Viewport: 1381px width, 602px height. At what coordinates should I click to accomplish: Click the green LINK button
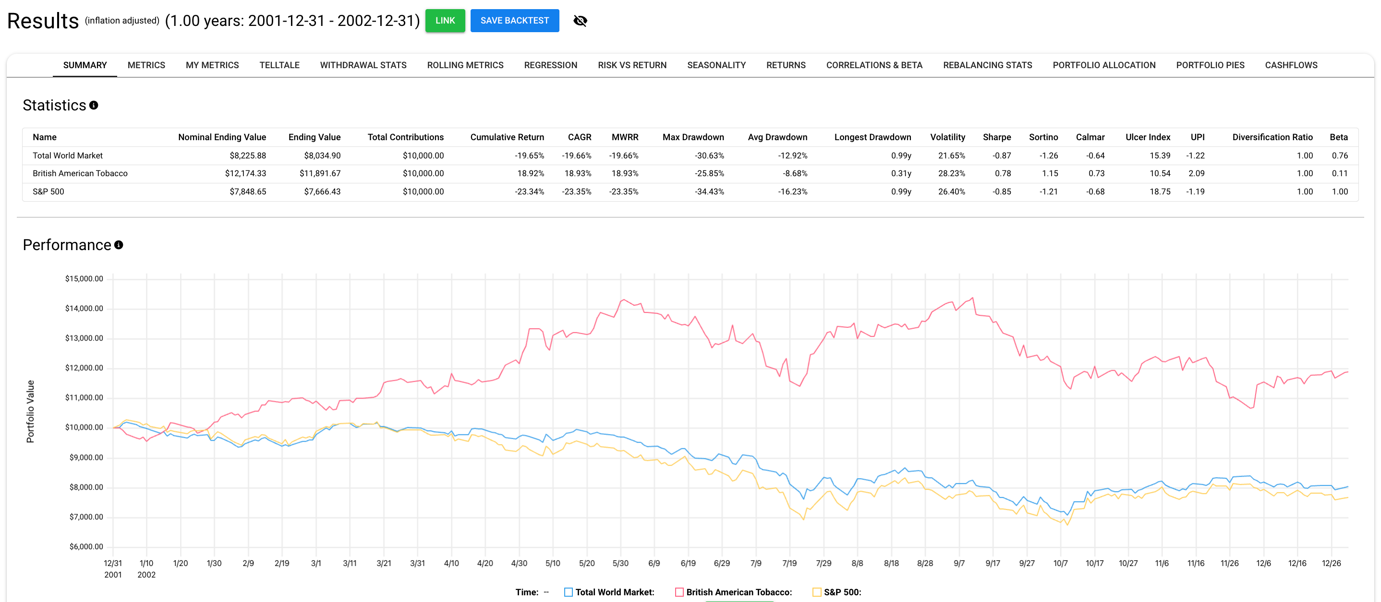[445, 20]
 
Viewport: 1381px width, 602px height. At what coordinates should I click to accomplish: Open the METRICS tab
[146, 65]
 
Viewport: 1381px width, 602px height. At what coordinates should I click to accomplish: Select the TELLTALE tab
[279, 65]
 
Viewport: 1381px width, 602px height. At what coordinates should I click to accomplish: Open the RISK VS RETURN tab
[632, 65]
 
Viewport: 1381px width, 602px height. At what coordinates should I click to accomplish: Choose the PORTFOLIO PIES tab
[1210, 65]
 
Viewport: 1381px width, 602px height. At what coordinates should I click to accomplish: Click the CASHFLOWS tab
[1291, 65]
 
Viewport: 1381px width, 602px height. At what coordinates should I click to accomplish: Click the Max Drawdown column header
[693, 137]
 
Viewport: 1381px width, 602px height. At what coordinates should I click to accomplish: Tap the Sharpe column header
[996, 137]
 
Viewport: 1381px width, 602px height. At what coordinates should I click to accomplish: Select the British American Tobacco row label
[80, 173]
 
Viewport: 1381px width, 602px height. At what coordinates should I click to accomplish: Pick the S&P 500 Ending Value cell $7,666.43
[322, 192]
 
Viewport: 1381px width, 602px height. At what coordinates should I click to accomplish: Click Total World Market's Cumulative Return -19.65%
[529, 156]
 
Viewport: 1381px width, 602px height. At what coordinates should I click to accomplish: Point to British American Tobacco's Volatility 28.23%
[951, 173]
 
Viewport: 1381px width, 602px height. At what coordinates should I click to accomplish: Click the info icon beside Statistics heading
[94, 105]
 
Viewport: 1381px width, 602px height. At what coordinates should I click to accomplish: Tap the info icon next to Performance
[119, 245]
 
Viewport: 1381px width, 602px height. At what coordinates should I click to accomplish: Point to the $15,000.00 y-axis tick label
[84, 279]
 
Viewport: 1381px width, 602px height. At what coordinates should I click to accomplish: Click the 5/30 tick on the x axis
[620, 563]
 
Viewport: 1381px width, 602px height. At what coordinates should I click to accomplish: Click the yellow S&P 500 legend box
[816, 592]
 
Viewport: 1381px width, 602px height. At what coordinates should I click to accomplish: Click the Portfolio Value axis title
[31, 411]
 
